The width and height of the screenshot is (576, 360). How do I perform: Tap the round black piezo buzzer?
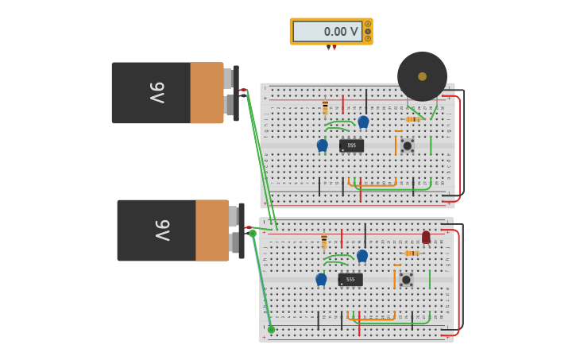[x=422, y=76]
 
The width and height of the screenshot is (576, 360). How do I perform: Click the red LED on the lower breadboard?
[x=426, y=237]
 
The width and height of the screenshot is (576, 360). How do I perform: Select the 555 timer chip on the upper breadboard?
[x=351, y=145]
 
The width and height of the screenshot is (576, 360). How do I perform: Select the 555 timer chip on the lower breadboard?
[x=350, y=280]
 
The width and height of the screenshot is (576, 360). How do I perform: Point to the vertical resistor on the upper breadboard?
[x=325, y=108]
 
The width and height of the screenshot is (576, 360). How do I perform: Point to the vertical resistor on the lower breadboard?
[x=324, y=242]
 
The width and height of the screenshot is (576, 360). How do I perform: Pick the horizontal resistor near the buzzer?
[x=412, y=119]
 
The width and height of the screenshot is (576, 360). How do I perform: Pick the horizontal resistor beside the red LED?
[x=412, y=254]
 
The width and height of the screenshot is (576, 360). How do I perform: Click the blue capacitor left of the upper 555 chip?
[x=322, y=145]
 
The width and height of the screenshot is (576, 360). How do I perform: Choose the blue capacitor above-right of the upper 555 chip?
[x=363, y=122]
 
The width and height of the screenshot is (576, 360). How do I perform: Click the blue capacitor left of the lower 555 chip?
[x=321, y=279]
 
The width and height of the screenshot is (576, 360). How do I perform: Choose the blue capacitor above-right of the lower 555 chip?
[x=362, y=255]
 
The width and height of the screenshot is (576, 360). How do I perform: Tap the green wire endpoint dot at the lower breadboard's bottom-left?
[x=271, y=329]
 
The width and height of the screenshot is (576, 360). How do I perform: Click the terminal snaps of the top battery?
[x=230, y=92]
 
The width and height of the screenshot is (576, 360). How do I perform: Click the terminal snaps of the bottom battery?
[x=236, y=230]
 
